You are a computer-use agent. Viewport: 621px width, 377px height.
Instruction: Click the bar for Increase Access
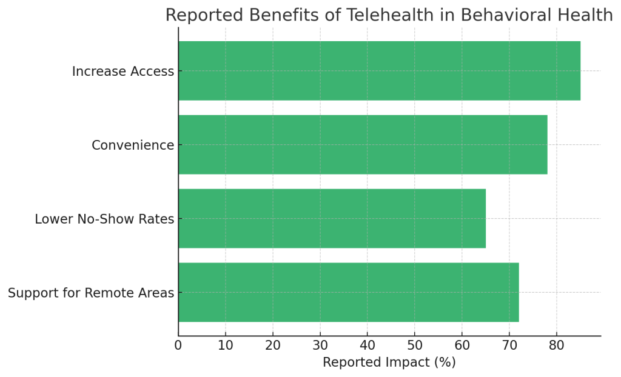pos(379,71)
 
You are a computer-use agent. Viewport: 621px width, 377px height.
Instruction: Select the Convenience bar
pos(363,145)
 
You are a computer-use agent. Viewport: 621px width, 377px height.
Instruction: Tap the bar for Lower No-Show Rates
pos(332,218)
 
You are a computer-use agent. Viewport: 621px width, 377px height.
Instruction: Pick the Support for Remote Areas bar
pos(349,292)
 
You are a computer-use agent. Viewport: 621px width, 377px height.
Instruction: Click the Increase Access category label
pos(123,72)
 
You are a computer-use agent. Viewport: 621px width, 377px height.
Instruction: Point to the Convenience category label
pos(133,145)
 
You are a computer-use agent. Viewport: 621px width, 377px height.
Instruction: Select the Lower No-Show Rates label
pos(104,219)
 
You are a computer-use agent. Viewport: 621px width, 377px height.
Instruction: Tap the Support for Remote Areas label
pos(91,293)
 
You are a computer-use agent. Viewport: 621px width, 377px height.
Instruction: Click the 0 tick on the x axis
pos(178,345)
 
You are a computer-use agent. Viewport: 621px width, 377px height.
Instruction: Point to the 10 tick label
pos(226,345)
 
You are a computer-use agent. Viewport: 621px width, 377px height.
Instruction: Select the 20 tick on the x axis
pos(273,345)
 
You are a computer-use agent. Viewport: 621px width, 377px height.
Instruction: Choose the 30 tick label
pos(320,345)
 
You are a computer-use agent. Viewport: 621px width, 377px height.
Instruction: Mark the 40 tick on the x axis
pos(368,345)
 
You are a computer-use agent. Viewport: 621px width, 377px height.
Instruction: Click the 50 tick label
pos(415,345)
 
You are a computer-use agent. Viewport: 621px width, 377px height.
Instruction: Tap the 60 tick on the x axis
pos(462,345)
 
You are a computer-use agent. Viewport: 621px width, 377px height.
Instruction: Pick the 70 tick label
pos(509,345)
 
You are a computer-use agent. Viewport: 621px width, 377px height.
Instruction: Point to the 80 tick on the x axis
pos(557,345)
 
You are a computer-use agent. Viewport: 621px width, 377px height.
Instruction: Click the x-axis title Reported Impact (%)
pos(389,362)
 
